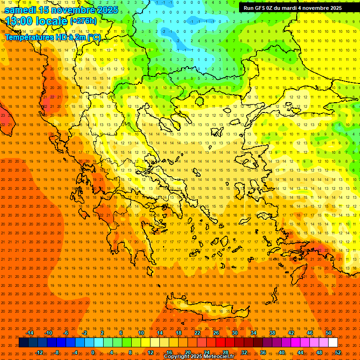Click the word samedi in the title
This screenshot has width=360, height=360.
20,10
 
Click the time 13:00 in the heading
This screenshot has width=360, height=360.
20,21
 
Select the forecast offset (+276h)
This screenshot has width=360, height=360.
83,21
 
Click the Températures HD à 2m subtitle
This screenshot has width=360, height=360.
52,37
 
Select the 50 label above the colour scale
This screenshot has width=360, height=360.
328,333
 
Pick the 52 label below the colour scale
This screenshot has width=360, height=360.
338,352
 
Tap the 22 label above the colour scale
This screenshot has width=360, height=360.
197,333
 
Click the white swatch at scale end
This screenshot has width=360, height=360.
333,343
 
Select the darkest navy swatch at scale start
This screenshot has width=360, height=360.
23,343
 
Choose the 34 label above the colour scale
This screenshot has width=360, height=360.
253,333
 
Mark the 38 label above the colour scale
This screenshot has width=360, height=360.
272,333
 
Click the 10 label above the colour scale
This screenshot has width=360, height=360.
141,333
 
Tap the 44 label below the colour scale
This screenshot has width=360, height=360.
300,352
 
